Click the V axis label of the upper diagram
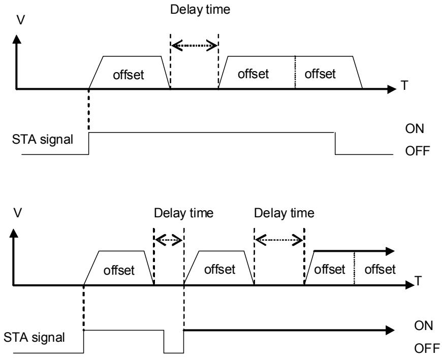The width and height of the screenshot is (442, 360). coord(21,20)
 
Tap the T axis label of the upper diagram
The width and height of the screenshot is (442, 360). coord(404,85)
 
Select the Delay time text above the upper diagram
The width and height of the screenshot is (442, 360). coord(200,9)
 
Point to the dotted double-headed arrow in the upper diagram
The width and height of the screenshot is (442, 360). coord(195,45)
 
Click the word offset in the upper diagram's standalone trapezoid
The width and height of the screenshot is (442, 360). coord(128,75)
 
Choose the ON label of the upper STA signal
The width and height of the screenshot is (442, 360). coord(415,129)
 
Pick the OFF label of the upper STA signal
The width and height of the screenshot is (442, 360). coord(418,151)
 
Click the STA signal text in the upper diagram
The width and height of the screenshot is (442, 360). coord(43,140)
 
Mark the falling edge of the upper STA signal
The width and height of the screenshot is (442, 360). coord(335,143)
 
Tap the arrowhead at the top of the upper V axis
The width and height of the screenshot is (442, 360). coord(17,39)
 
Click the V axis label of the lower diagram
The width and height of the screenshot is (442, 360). coord(17,213)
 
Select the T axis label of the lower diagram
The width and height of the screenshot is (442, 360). coord(418,281)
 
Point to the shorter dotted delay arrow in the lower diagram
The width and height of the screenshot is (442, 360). coord(169,240)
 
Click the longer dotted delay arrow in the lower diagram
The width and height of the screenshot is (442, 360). coord(279,240)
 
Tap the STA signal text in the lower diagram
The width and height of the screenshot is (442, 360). coord(34,337)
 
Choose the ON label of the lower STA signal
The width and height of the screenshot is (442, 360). coord(423,326)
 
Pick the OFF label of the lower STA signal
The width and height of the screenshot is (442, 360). coord(427,348)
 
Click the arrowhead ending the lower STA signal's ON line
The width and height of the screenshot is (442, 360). coord(390,330)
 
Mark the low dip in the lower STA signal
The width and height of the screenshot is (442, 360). coord(174,352)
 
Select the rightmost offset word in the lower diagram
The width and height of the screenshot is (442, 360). coord(380,270)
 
